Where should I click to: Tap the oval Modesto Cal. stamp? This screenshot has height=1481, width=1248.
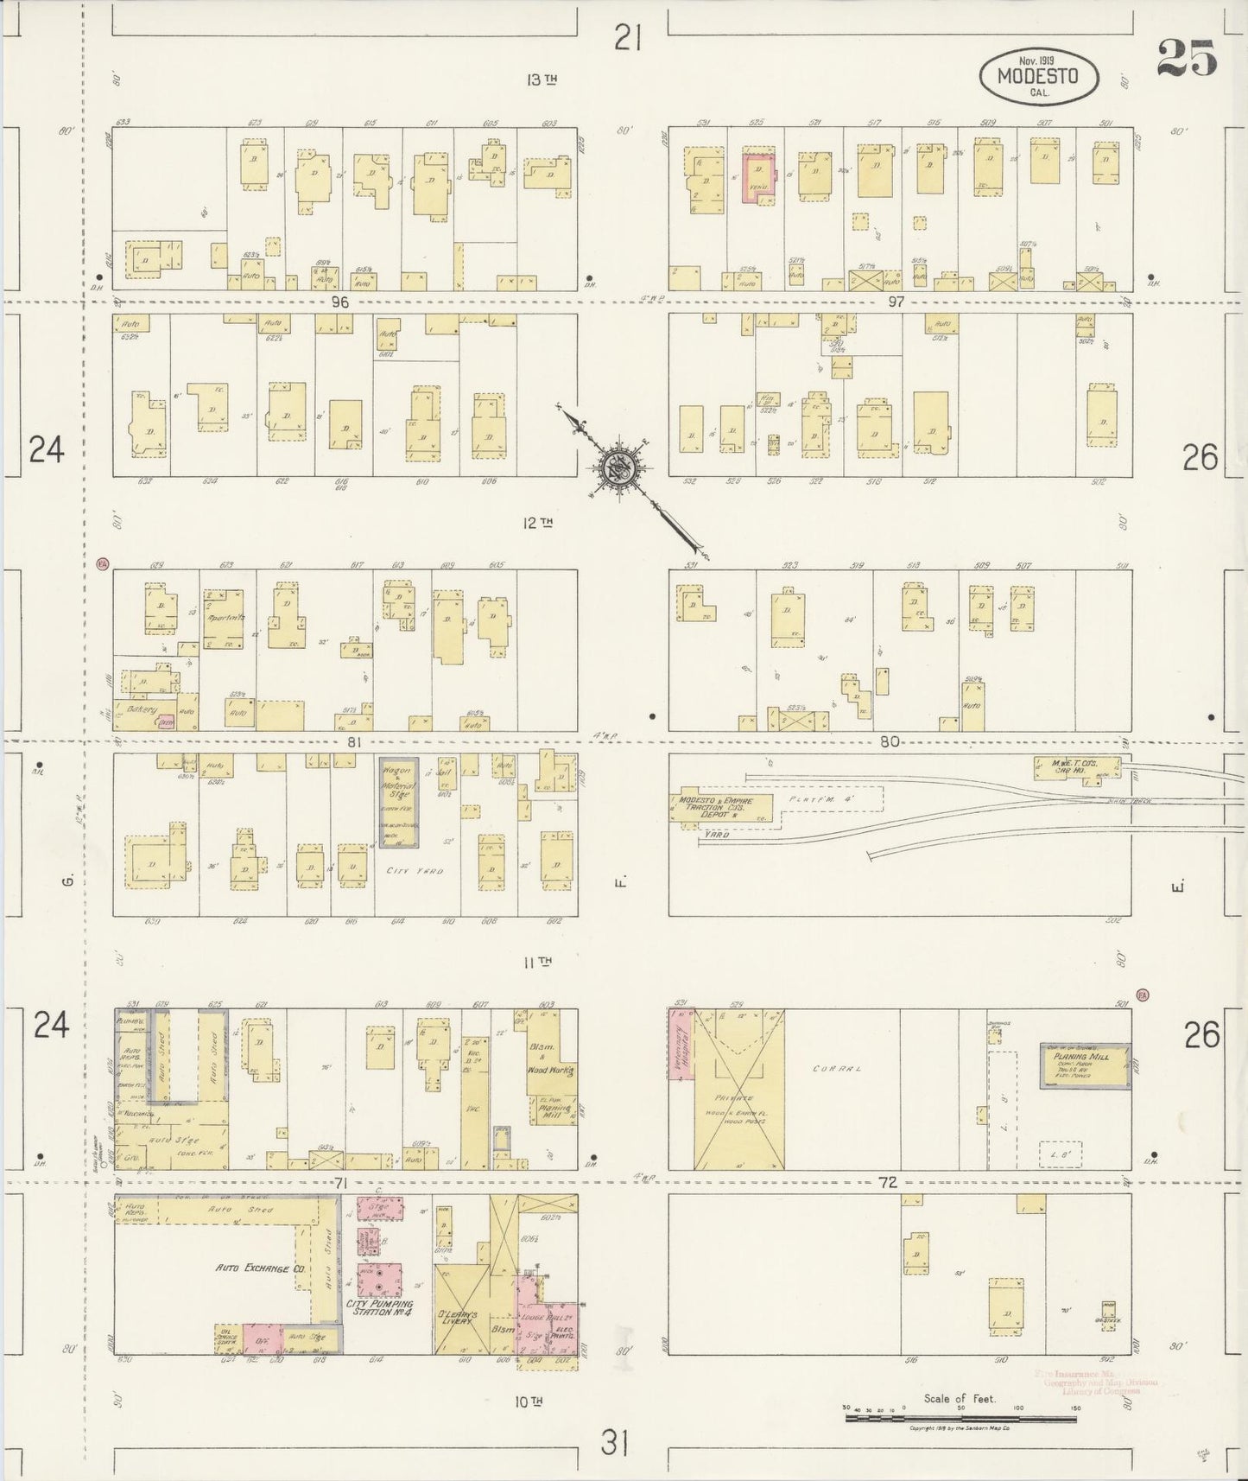click(1039, 76)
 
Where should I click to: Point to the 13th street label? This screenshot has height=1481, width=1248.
click(542, 80)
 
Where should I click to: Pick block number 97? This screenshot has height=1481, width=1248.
click(895, 302)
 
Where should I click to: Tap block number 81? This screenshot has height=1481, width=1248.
click(352, 741)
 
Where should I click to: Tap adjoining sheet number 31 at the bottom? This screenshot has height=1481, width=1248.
click(614, 1442)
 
